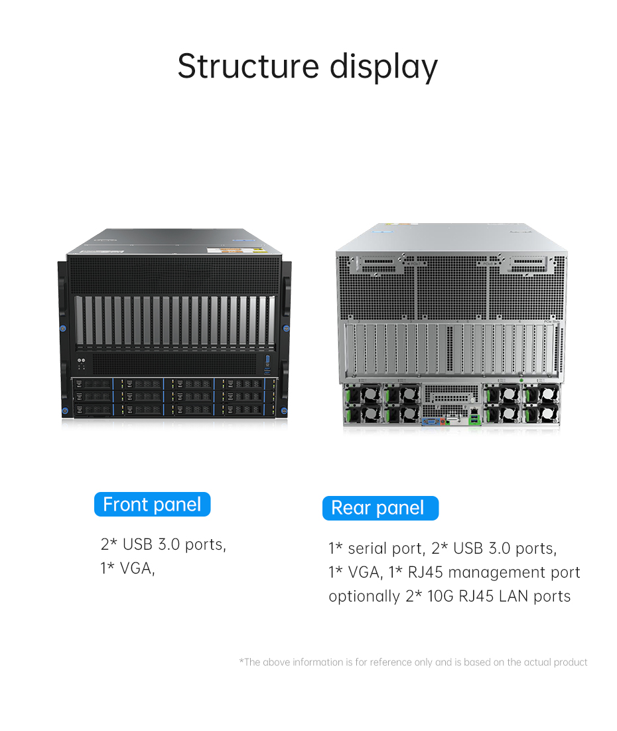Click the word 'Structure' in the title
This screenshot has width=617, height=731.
click(248, 66)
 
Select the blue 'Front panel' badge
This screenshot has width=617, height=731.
click(153, 505)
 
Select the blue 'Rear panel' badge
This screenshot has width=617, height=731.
click(380, 508)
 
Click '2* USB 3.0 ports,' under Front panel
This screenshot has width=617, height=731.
click(163, 544)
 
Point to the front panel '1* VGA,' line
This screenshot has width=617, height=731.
click(127, 568)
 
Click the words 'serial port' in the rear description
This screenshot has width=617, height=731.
click(385, 548)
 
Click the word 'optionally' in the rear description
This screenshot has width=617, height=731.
click(364, 597)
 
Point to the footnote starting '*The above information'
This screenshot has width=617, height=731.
click(413, 662)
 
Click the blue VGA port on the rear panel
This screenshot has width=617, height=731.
click(429, 422)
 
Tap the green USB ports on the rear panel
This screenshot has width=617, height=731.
click(474, 420)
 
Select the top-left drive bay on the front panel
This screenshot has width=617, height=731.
click(93, 384)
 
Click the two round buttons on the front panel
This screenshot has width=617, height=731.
click(81, 361)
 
